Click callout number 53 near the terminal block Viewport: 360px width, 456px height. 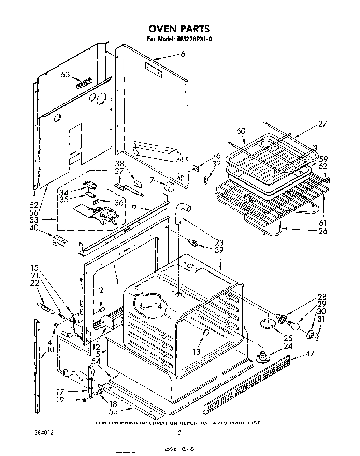66,75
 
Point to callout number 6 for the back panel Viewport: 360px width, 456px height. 183,54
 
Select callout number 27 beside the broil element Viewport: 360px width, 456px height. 322,124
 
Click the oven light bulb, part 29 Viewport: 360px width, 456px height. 294,325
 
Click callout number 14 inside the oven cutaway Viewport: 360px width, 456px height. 158,306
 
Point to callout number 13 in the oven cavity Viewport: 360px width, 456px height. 197,351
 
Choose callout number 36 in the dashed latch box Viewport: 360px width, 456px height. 118,203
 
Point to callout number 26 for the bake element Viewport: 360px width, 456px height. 322,231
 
